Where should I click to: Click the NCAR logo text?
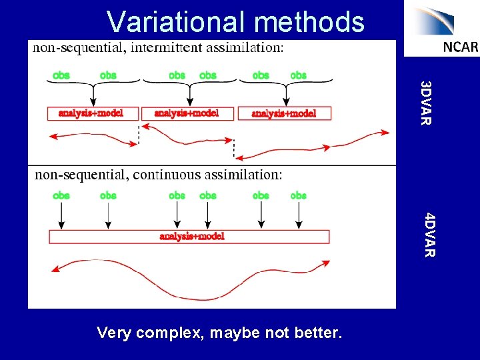(460, 47)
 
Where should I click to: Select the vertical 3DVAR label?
(427, 102)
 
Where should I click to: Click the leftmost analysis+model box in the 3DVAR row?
(91, 113)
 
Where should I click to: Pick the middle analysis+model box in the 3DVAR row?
(187, 113)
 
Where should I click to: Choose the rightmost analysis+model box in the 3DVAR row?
(284, 113)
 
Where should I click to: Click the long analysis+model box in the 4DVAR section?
(189, 236)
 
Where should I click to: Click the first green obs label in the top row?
(61, 75)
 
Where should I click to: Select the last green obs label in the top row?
(298, 75)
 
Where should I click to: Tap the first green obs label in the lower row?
(61, 195)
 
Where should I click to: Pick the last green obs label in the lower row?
(298, 195)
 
